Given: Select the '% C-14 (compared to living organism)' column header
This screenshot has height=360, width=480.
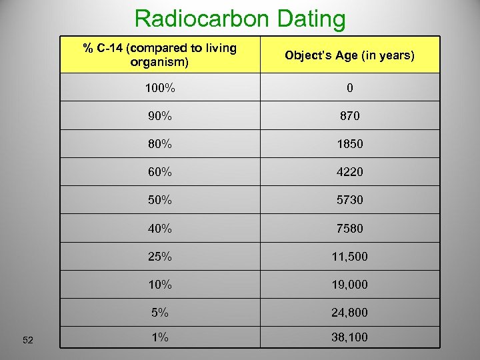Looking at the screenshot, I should point(160,55).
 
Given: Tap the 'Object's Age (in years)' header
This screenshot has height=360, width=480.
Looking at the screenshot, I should point(350,55).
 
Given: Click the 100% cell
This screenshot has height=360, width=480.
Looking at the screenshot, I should point(160,87).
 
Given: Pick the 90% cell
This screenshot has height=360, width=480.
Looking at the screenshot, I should point(160,115).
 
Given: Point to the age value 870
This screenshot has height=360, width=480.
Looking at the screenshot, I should point(350,115).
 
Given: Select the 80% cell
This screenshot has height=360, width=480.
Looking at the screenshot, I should point(160,143).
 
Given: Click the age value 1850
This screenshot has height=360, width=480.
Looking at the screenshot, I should point(350,143).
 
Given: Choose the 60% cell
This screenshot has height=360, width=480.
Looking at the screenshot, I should point(160,172).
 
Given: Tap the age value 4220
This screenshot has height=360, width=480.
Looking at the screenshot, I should point(350,172).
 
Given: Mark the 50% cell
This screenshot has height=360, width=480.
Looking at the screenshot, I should point(160,200).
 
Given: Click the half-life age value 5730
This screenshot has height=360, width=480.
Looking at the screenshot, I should point(350,200).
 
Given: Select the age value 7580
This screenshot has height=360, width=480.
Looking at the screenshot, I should point(350,229).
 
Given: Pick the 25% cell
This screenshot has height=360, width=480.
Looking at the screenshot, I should point(160,257).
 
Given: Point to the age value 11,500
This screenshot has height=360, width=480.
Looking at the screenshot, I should point(350,257).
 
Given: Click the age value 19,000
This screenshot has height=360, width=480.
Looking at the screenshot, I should point(350,285).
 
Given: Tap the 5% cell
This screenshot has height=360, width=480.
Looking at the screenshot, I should point(160,313).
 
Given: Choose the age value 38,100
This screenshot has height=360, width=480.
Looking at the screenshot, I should point(350,338).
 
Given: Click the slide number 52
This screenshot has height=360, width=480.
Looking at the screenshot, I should point(28,341).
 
